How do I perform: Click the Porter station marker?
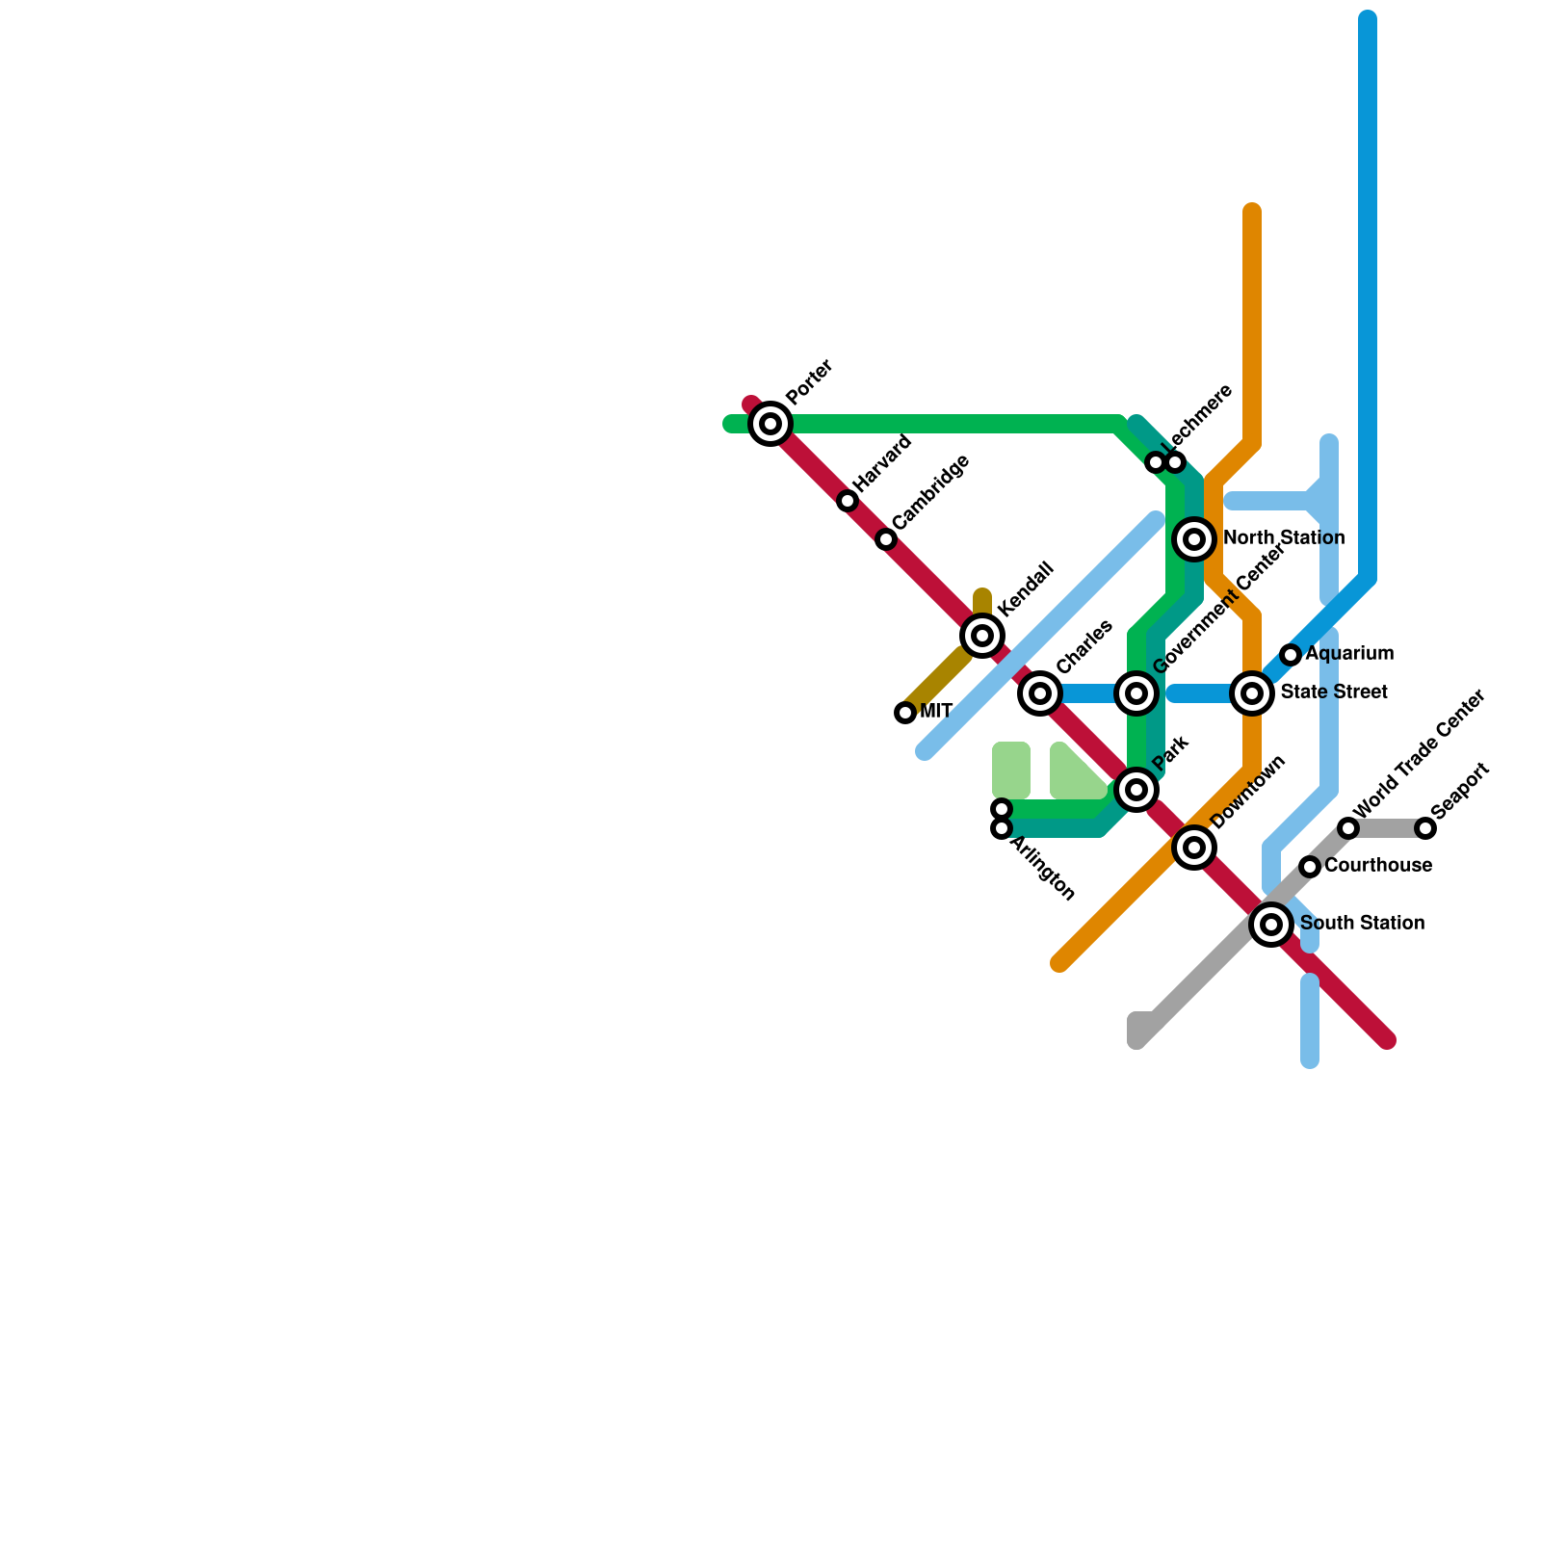770,424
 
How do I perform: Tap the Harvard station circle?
848,501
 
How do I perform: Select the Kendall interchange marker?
982,636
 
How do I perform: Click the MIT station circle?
905,713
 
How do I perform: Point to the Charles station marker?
1040,693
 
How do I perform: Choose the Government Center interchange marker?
1136,693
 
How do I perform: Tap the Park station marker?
1136,790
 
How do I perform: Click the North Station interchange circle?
1194,539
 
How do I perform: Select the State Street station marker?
1252,693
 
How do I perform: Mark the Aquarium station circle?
1291,655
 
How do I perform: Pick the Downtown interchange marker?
1194,848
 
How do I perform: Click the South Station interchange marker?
1271,925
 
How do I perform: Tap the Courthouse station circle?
1310,867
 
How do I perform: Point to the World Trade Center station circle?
1348,828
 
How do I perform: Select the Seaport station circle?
1425,828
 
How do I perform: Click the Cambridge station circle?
886,539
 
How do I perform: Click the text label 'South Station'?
1362,924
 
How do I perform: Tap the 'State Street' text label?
1334,692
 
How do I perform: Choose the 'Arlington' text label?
1042,869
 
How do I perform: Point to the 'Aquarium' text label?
1349,654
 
